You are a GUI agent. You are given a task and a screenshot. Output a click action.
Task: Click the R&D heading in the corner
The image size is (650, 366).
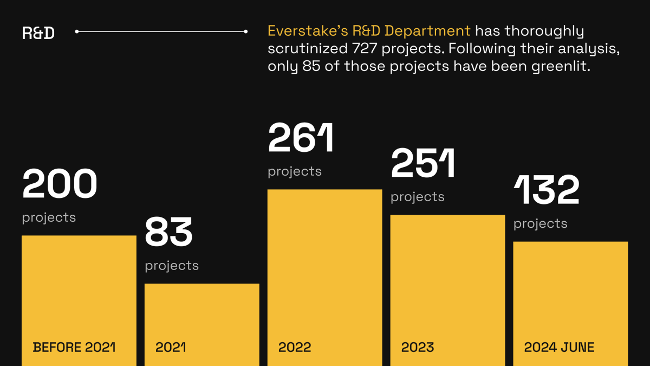(x=38, y=33)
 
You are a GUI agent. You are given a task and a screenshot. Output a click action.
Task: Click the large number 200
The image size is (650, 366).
(x=60, y=184)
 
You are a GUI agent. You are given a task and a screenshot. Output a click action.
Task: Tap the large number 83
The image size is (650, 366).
(x=168, y=232)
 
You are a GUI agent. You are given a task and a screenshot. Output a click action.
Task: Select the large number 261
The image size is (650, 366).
(x=301, y=138)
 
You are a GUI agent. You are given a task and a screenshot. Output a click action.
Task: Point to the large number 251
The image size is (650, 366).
(x=423, y=163)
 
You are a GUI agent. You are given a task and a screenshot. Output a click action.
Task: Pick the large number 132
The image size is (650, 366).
(x=546, y=190)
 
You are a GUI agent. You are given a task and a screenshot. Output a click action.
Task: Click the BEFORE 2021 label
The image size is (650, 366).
(x=74, y=347)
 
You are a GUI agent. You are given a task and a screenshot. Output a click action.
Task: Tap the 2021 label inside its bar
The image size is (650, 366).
(x=171, y=347)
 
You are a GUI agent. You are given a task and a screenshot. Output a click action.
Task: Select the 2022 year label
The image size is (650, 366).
(x=295, y=347)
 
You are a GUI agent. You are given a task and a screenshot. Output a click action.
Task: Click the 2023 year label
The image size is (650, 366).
(x=417, y=347)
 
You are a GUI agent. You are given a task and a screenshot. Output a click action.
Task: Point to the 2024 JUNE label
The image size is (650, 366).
(x=559, y=347)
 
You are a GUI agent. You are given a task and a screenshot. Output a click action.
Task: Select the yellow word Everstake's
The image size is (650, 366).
(x=308, y=30)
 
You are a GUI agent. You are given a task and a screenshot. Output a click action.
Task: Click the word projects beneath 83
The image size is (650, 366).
(x=172, y=266)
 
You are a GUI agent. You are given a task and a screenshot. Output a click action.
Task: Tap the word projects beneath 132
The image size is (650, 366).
(x=540, y=223)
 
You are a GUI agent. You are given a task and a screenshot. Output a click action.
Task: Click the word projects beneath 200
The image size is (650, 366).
(x=49, y=217)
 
